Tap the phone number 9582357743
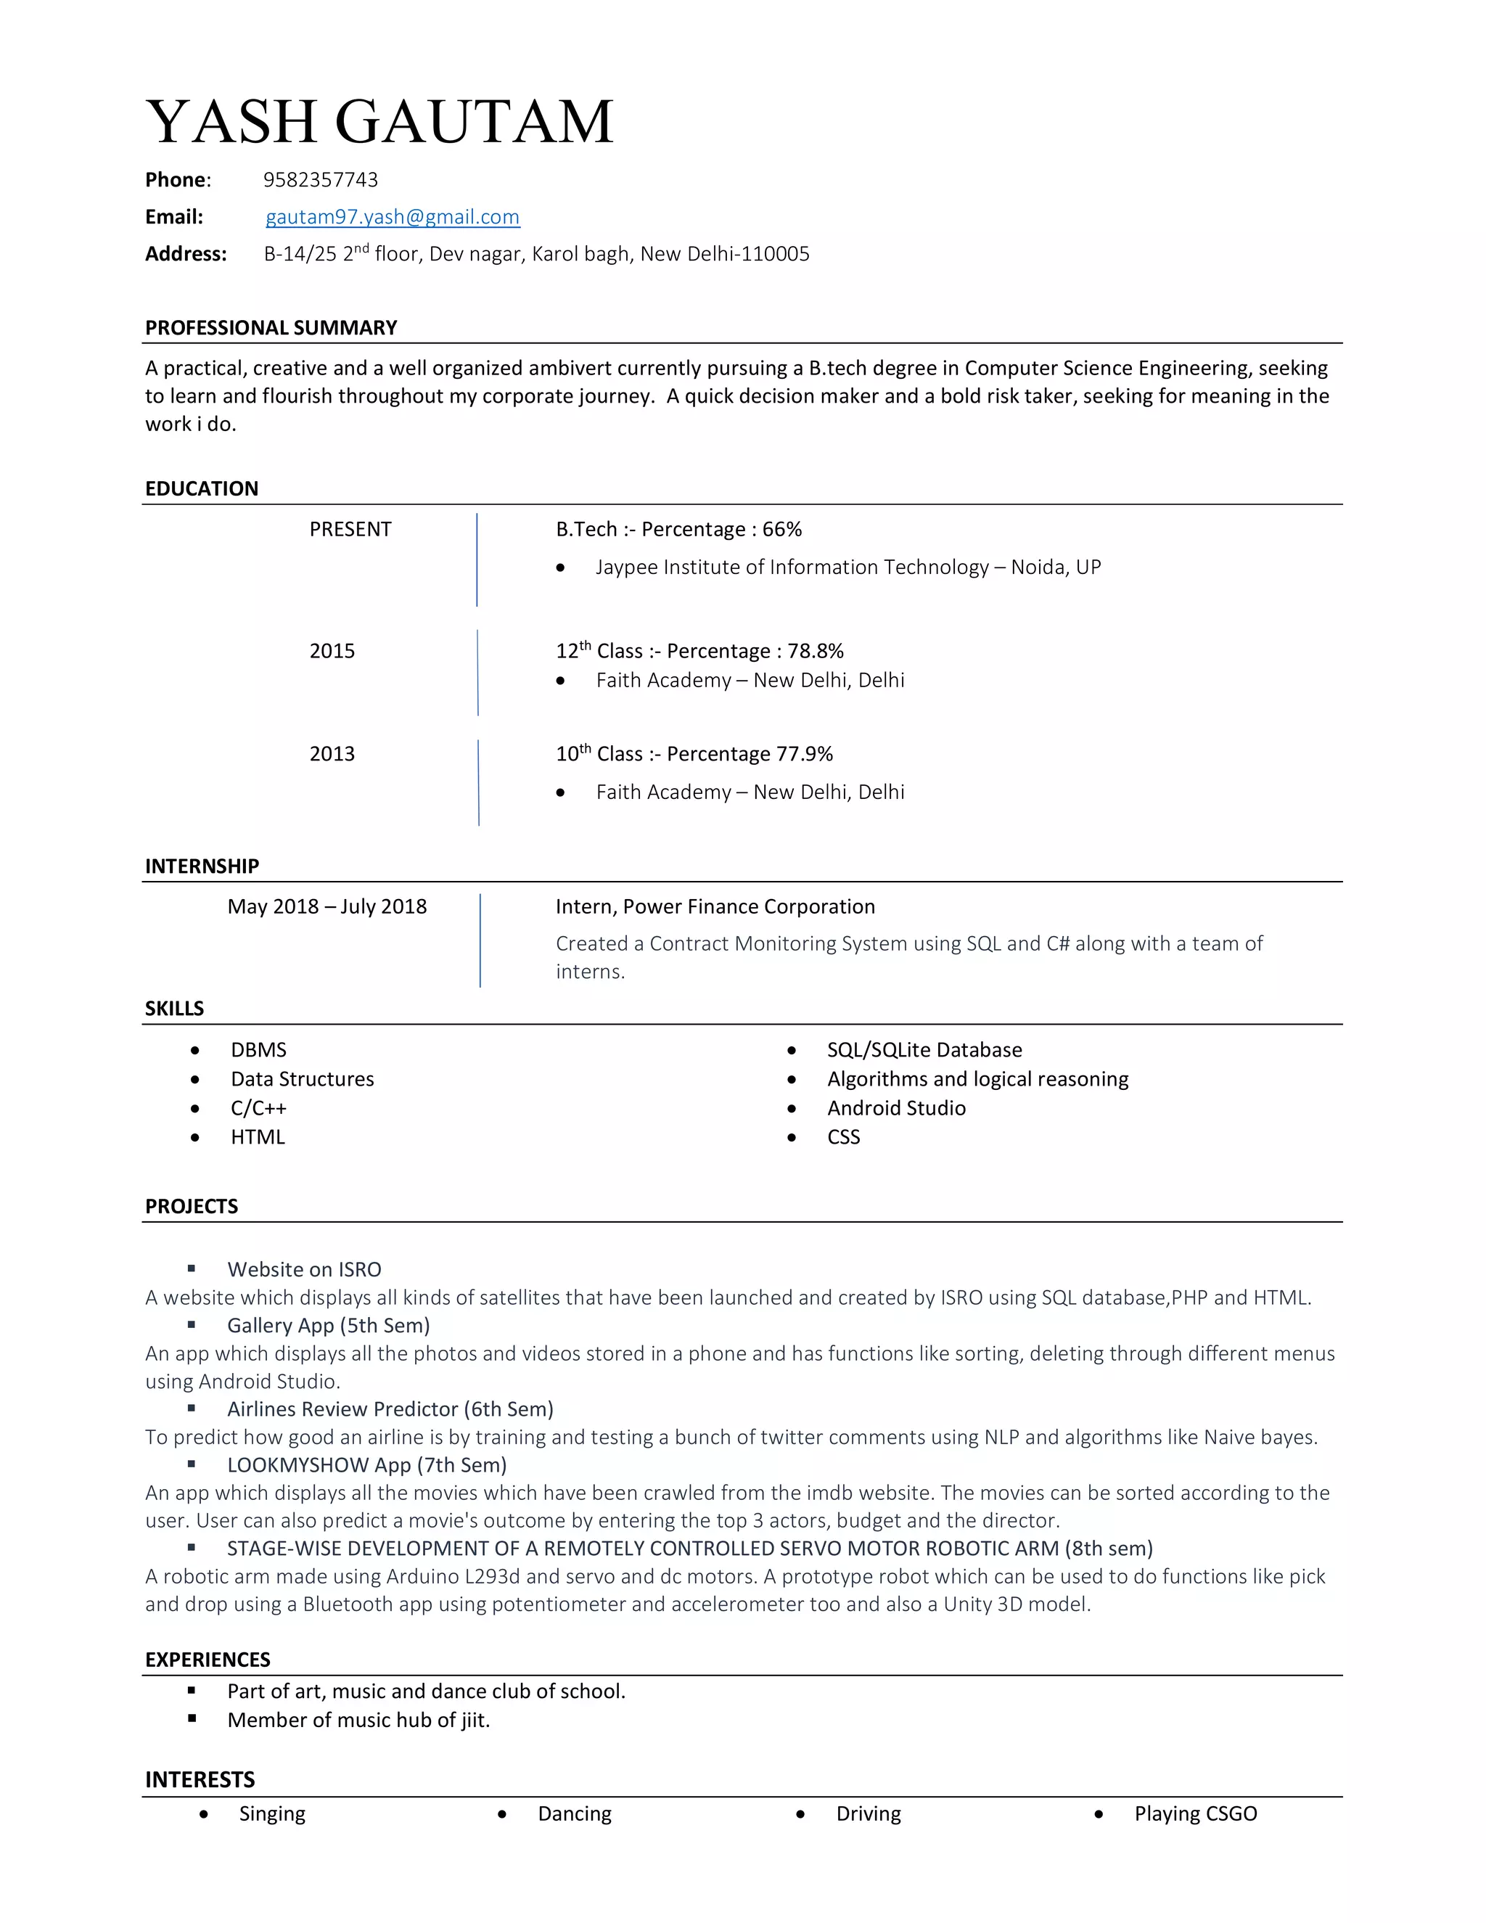(321, 180)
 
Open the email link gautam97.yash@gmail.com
(393, 216)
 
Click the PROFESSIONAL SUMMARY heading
(271, 327)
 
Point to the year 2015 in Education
(332, 651)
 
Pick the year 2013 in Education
(332, 754)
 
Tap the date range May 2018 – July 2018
(327, 906)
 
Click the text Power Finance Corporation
(749, 906)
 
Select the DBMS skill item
(259, 1049)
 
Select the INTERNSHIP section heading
(202, 866)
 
